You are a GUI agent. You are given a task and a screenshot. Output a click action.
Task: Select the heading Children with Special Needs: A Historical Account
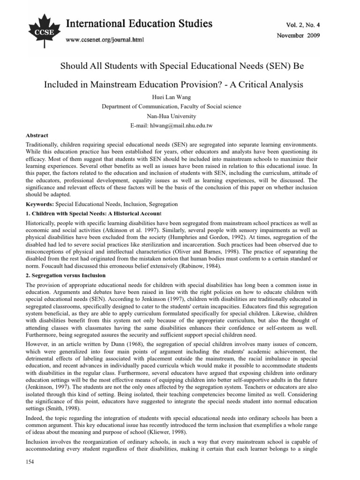(x=92, y=213)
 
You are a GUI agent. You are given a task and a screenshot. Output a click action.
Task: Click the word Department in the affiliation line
(x=117, y=107)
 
